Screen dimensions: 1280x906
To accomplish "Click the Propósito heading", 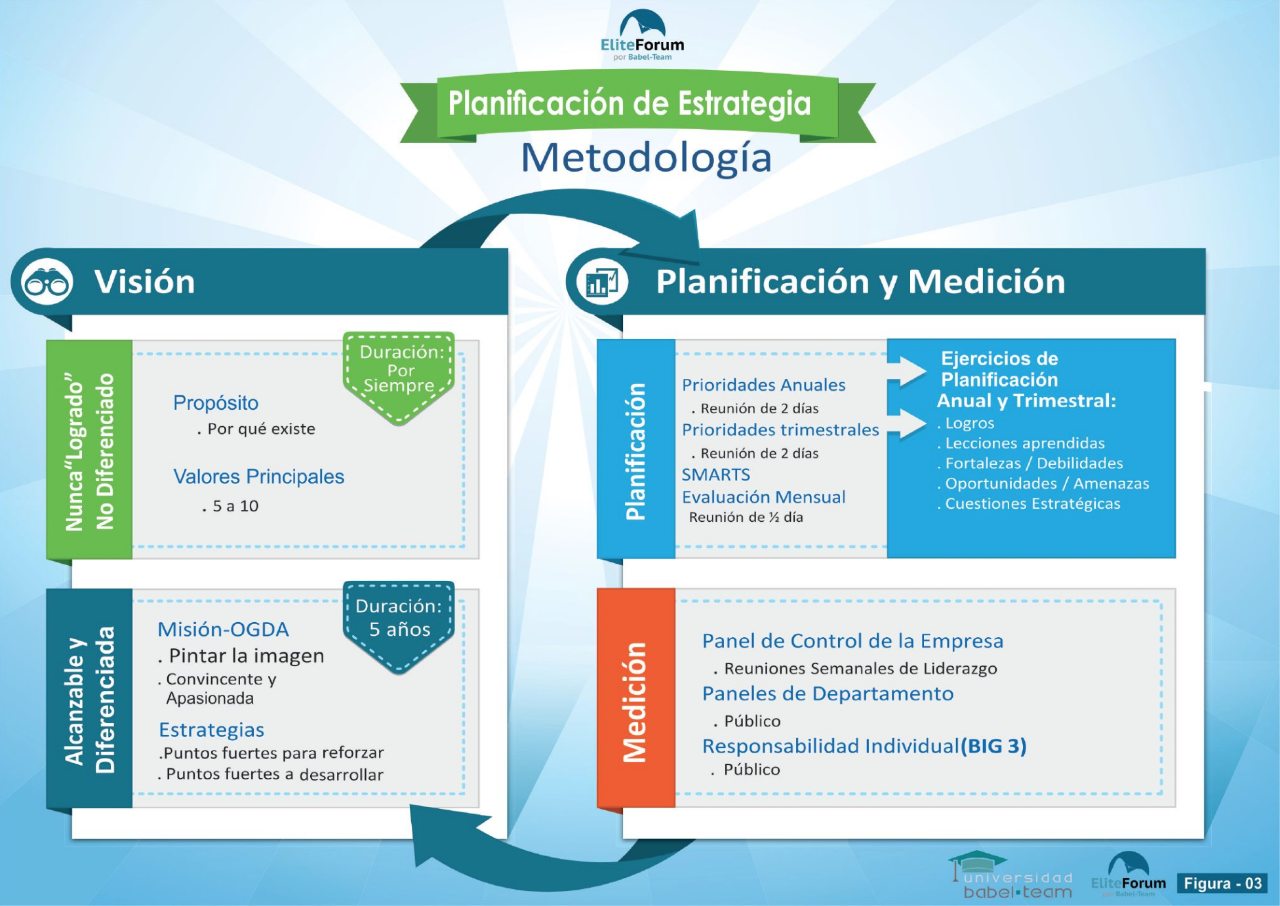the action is point(216,403).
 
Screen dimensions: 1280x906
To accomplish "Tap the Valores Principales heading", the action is point(258,477).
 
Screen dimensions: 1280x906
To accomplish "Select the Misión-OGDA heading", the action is point(223,629).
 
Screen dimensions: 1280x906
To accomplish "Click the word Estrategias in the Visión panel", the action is point(211,730).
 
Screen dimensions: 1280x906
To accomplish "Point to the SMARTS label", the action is point(715,474).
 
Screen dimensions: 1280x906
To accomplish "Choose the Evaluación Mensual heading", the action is point(763,497).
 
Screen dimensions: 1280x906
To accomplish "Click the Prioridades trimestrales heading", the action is point(780,429).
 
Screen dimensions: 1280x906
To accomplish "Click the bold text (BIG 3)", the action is point(993,746).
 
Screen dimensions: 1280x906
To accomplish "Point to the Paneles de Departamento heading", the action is point(828,694).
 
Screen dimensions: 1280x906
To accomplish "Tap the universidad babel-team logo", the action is point(1012,876).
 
